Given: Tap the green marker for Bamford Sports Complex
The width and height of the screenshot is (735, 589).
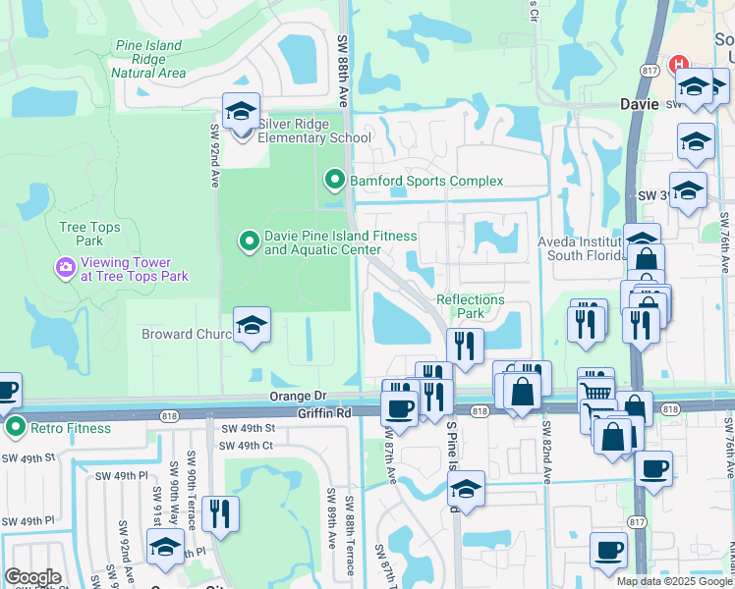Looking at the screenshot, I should [334, 180].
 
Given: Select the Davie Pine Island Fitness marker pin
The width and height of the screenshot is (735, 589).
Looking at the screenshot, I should [250, 240].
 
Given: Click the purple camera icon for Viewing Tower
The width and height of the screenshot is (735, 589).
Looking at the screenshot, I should [66, 266].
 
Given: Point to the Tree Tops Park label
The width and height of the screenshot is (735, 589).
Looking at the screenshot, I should [81, 234].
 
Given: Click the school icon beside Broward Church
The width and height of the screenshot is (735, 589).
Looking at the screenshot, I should [252, 326].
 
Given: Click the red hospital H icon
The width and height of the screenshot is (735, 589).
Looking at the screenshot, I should [677, 66].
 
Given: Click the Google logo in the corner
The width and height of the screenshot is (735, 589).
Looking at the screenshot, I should [31, 577].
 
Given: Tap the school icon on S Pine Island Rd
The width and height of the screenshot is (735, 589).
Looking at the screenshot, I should [468, 491].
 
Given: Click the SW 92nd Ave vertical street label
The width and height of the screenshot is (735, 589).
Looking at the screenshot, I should [214, 155].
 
